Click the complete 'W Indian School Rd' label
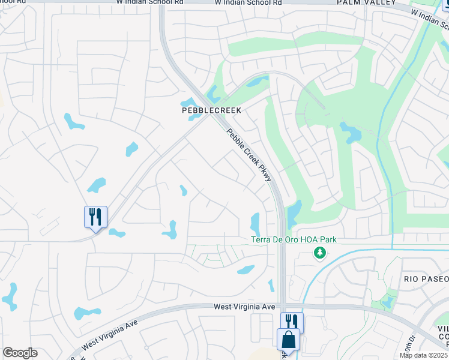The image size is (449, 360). pyautogui.click(x=247, y=3)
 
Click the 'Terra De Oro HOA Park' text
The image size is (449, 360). pyautogui.click(x=294, y=240)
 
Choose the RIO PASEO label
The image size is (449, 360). pyautogui.click(x=426, y=280)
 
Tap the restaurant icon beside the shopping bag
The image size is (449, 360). pyautogui.click(x=292, y=322)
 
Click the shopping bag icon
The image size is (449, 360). pyautogui.click(x=288, y=339)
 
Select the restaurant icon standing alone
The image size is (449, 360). pyautogui.click(x=95, y=216)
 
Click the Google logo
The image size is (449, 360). pyautogui.click(x=20, y=353)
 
